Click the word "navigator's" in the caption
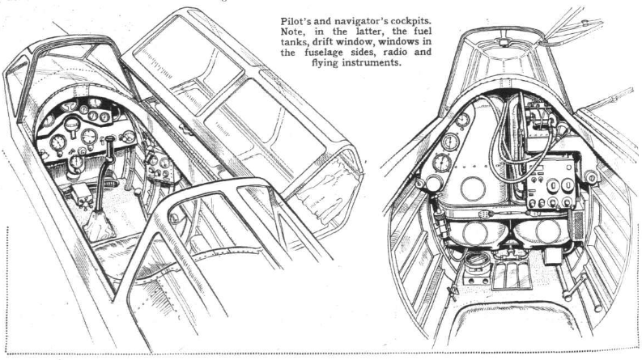[360, 21]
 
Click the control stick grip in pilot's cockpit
[110, 143]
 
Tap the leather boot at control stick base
[98, 225]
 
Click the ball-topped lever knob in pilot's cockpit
[138, 192]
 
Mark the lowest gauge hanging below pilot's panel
[76, 163]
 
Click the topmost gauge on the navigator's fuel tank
[462, 121]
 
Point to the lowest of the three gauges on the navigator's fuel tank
[442, 163]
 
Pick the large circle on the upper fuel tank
[473, 188]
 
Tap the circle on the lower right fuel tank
[547, 231]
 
